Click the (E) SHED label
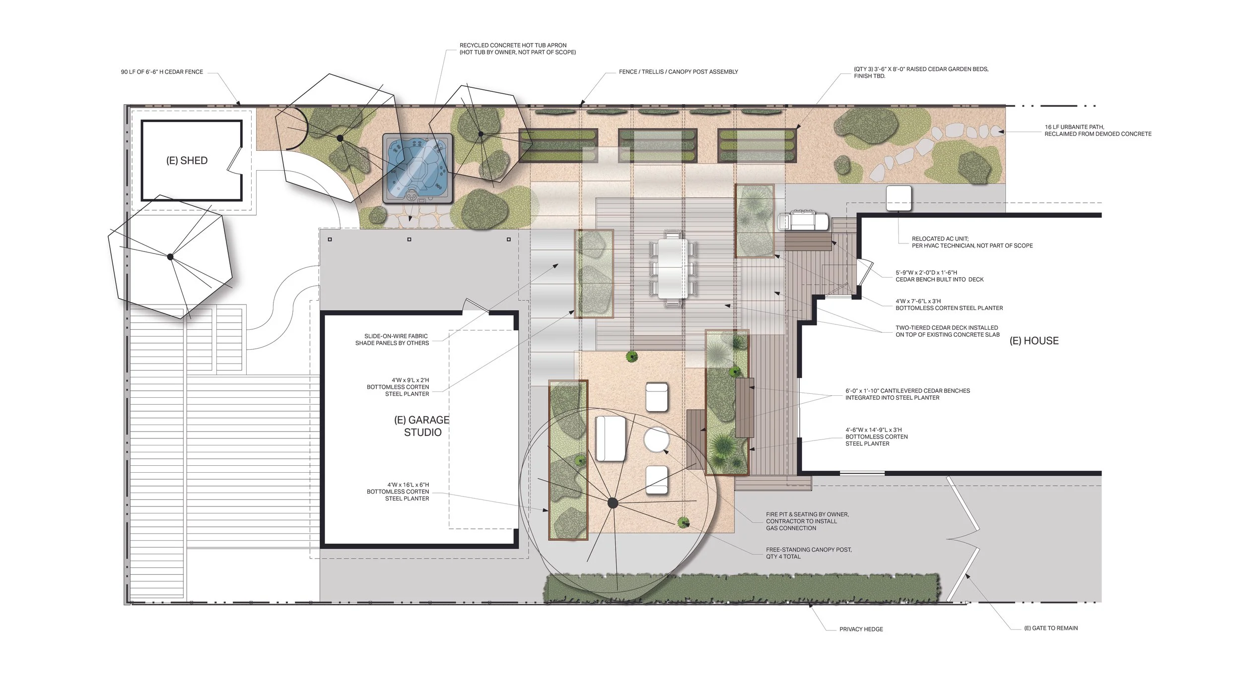pos(187,161)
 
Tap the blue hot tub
pos(417,168)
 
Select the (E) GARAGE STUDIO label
pos(422,426)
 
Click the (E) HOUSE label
pos(1034,341)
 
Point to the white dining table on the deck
pos(673,268)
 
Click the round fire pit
pos(656,439)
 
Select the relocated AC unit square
pos(898,198)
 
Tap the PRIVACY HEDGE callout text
pos(861,629)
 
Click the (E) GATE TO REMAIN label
pos(1051,628)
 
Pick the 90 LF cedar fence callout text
pos(162,72)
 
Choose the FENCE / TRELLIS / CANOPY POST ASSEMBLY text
pos(678,72)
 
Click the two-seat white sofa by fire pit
pos(611,438)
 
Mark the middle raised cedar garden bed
pos(657,145)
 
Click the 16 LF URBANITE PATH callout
pos(1098,130)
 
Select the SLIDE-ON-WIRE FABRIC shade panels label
pos(392,339)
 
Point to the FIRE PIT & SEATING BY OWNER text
pos(807,521)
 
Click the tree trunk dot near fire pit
pos(613,503)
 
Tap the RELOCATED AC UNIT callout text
pos(971,242)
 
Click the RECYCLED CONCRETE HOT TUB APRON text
pos(517,49)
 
